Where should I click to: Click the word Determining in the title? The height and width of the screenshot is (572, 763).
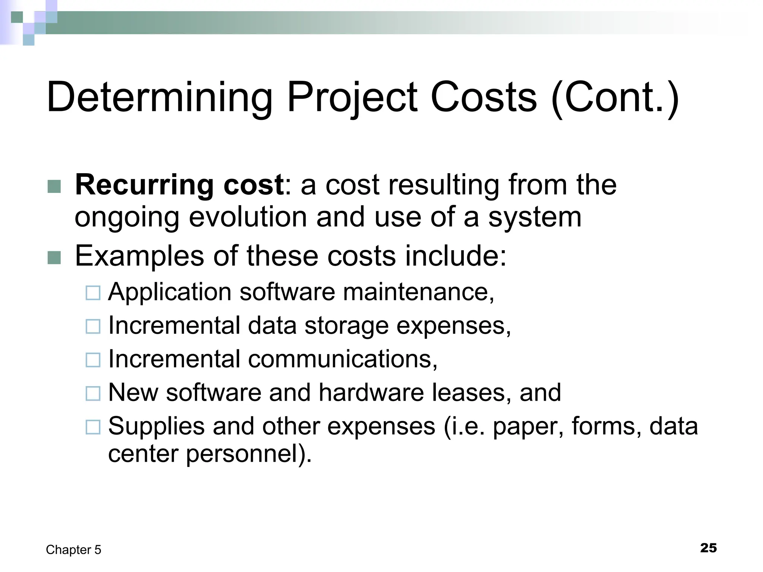tap(159, 98)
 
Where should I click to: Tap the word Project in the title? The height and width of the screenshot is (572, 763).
tap(352, 98)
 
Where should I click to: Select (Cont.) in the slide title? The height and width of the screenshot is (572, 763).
tap(615, 98)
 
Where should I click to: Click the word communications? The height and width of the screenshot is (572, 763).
tap(342, 359)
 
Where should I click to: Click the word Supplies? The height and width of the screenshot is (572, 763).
tap(156, 426)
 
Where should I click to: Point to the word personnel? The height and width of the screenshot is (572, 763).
tap(248, 454)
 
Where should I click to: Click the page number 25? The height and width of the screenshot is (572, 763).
tap(708, 548)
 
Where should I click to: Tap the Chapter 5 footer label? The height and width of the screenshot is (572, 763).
tap(73, 550)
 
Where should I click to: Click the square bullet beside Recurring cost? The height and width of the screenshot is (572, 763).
tap(54, 187)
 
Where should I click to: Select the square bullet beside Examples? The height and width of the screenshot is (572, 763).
tap(54, 258)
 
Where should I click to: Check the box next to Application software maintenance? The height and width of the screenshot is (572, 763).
tap(93, 293)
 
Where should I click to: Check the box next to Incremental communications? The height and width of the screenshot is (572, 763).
tap(93, 360)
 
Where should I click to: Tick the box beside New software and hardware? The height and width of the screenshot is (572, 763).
tap(93, 394)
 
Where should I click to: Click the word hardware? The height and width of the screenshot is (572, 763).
tap(371, 393)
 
